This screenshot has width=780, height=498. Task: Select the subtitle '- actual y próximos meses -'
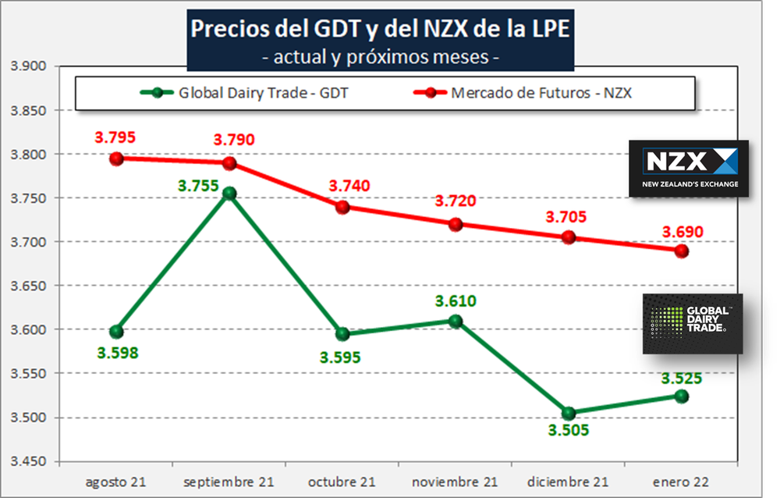(381, 57)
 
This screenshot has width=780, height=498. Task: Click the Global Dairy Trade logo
(692, 323)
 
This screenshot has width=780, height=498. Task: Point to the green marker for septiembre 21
(229, 194)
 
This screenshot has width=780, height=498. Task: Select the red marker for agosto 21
(116, 158)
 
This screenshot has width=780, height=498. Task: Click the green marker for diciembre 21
(569, 413)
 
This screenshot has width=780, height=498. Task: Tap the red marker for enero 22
(681, 251)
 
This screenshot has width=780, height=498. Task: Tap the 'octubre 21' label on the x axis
(342, 482)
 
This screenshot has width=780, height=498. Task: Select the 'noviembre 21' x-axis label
(456, 482)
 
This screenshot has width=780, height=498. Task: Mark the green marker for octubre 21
(342, 334)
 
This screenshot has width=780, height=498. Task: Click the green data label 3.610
(456, 301)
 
